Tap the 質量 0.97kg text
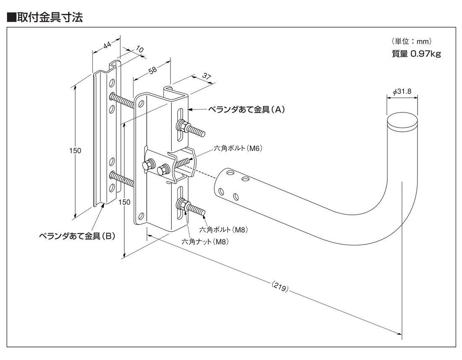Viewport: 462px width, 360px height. pos(416,54)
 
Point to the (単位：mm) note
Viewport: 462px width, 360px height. pos(412,42)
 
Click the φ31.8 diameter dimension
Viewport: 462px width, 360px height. pos(402,92)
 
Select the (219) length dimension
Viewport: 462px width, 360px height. pos(280,288)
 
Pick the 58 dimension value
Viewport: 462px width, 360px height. pos(152,70)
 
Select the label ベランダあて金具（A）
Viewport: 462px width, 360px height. pos(247,110)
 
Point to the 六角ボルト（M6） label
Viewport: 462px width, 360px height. pos(238,148)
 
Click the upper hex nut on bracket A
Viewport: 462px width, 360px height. pos(182,125)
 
